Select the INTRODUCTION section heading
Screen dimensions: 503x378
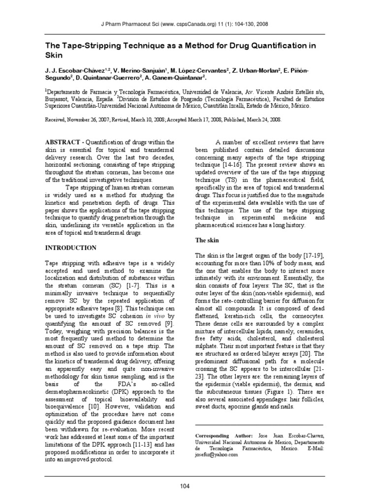[x=71, y=248]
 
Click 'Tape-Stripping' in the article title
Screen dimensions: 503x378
[x=84, y=46]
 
